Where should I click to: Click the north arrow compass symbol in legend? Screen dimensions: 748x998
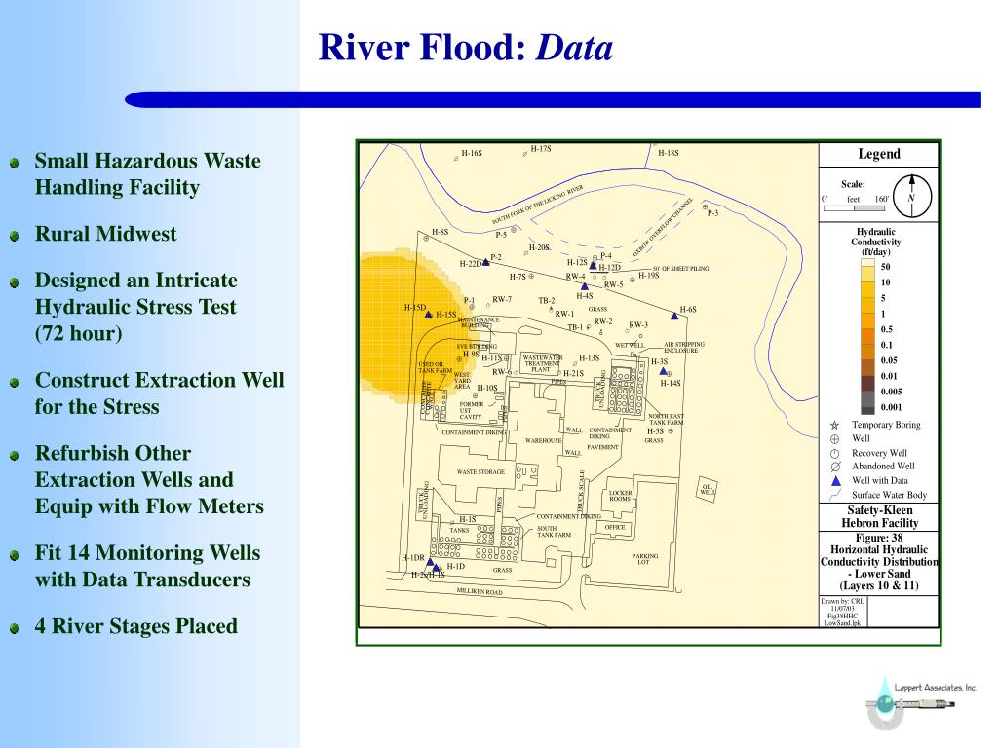click(x=911, y=193)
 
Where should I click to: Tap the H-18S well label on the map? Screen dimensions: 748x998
click(x=668, y=153)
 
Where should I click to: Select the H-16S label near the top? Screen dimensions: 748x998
click(x=472, y=153)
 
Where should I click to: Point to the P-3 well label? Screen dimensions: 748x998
click(x=712, y=213)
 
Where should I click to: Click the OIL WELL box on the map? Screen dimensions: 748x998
click(x=708, y=489)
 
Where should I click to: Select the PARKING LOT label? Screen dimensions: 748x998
click(x=645, y=559)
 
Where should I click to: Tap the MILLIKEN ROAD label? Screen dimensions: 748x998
click(x=480, y=591)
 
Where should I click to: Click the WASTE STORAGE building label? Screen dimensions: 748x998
click(x=480, y=471)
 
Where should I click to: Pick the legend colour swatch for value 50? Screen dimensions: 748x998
click(x=867, y=267)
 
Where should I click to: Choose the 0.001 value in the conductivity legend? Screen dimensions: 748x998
click(x=892, y=407)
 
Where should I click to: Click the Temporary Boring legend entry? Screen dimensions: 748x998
click(x=885, y=425)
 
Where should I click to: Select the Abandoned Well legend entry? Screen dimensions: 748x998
click(x=883, y=467)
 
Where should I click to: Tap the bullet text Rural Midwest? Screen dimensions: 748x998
click(x=106, y=234)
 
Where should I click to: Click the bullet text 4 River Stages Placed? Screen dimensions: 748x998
click(x=135, y=625)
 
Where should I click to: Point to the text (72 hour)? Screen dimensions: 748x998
click(x=79, y=333)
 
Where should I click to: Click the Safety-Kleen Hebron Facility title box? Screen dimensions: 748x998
click(x=879, y=516)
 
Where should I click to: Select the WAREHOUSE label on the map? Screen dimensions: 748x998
click(x=544, y=440)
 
